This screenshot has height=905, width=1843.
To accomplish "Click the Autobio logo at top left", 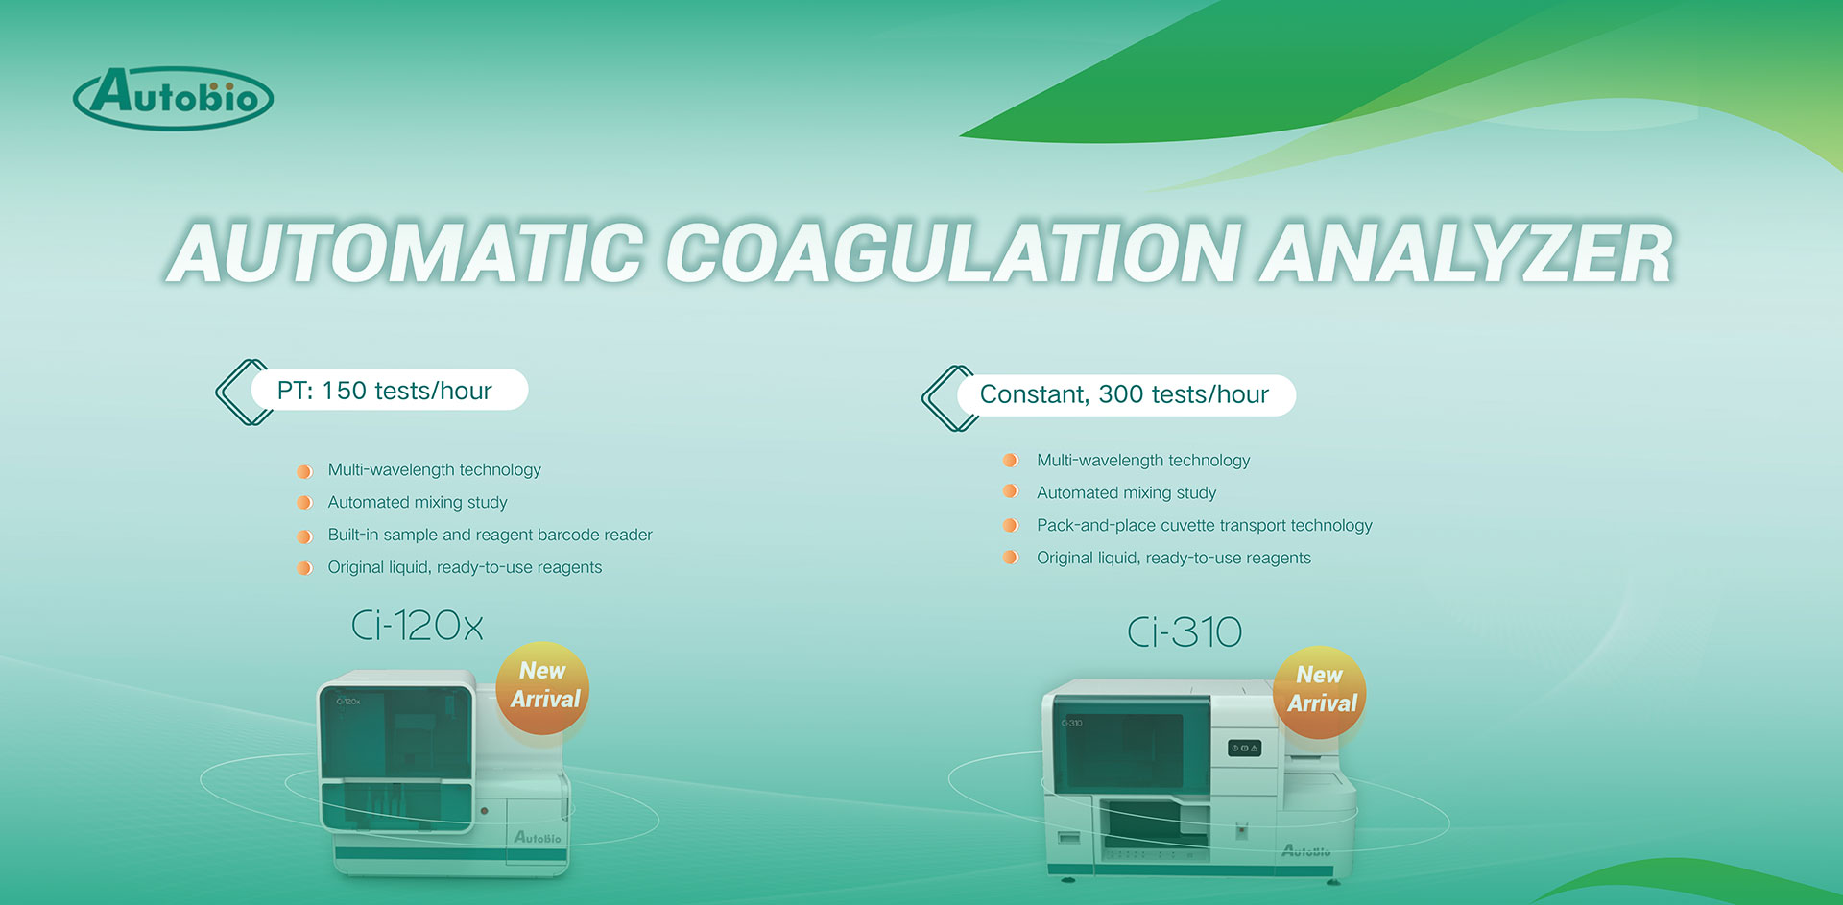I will point(173,98).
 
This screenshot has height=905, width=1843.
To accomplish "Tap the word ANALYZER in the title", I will point(1466,253).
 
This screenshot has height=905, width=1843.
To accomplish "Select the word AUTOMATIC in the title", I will point(405,253).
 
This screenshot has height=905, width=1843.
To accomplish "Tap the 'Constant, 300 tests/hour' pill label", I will point(1124,394).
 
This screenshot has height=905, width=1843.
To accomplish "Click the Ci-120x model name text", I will point(417,626).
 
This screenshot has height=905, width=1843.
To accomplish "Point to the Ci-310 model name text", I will point(1185,631).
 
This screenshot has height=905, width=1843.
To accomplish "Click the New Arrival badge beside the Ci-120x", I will point(543,686).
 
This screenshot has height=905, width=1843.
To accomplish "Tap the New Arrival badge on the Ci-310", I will point(1321,691).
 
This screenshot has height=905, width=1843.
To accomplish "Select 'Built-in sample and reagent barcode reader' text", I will point(490,535).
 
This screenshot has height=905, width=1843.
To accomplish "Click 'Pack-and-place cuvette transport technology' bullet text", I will point(1204,525).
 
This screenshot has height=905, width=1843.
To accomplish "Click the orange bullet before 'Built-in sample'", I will point(304,536).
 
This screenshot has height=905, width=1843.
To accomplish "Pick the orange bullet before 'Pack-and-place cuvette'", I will point(1010,525).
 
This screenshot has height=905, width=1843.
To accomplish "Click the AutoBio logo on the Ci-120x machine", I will point(538,838).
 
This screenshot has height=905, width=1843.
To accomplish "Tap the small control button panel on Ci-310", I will point(1244,748).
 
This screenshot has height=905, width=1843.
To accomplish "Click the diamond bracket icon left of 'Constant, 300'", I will point(946,397).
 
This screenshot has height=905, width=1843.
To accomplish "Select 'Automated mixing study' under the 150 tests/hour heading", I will point(418,502).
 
